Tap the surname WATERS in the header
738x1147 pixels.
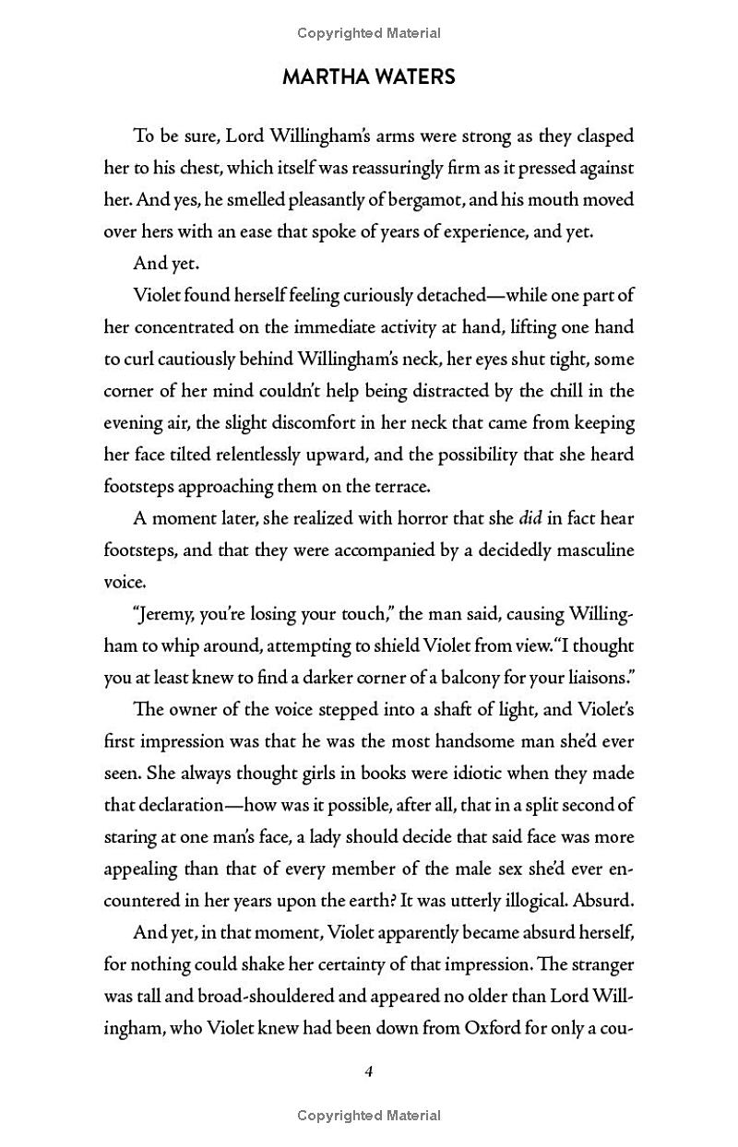pos(415,77)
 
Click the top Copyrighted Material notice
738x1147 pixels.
pos(369,33)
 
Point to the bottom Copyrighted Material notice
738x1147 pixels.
pos(369,1115)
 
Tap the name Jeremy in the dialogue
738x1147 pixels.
pos(169,614)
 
